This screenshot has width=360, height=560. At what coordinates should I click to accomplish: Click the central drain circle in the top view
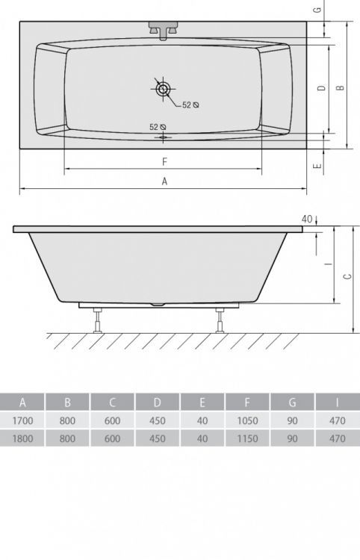coord(163,88)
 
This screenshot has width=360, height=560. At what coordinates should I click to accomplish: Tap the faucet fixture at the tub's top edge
coord(163,29)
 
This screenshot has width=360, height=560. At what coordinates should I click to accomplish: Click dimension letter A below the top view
coord(164,181)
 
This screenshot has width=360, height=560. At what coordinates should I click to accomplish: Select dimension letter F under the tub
coord(164,161)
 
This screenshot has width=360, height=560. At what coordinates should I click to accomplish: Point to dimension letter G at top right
coord(317,10)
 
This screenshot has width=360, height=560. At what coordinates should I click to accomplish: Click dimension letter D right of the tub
coord(320,88)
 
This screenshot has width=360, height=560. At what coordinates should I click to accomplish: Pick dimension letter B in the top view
coord(339,88)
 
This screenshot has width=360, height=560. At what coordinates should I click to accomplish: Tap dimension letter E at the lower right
coord(317,166)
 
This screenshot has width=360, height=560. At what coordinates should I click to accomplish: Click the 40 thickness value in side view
coord(306,219)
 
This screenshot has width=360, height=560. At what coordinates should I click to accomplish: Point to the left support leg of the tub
coord(98,319)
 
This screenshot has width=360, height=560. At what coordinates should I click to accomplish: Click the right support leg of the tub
coord(220,319)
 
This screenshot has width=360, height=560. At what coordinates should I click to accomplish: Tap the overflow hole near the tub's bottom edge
coord(163,137)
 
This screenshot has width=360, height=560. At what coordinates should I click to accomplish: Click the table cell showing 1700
coord(22,421)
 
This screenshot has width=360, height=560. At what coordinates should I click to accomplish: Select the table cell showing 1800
coord(22,439)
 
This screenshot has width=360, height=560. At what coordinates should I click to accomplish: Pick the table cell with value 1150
coord(247,439)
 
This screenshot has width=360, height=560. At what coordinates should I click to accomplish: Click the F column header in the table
coord(247,403)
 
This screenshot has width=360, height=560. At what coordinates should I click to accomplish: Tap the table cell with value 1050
coord(247,421)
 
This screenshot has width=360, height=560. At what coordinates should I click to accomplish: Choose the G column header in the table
coord(292,403)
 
